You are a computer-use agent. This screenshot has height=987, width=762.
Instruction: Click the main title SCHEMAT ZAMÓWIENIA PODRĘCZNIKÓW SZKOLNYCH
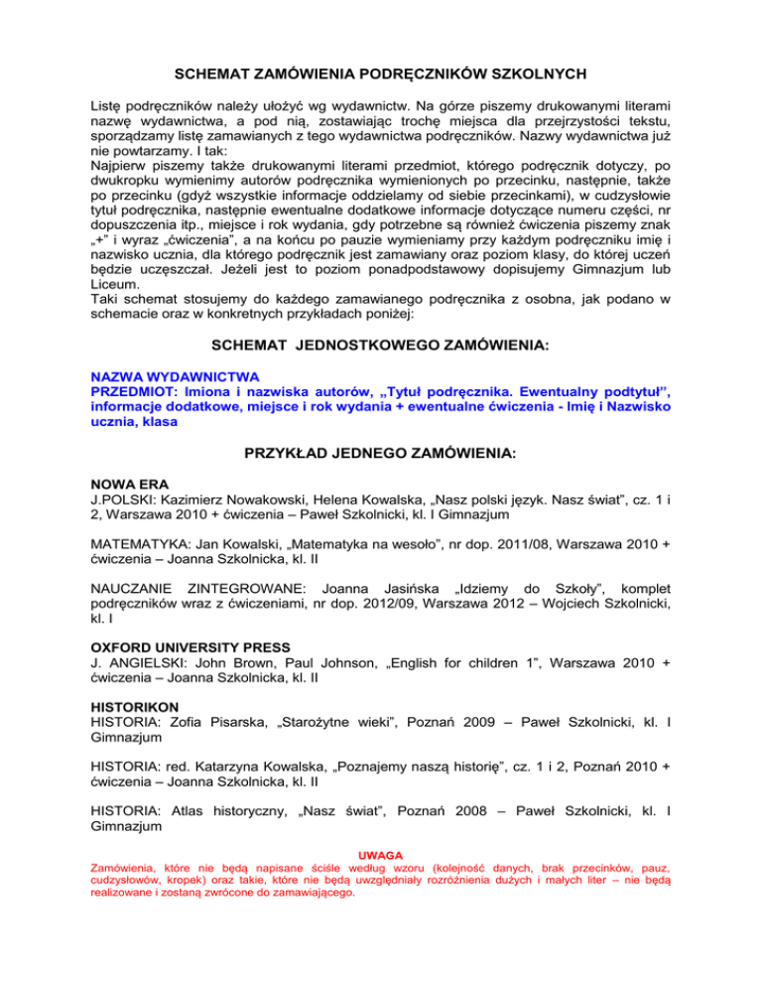[381, 72]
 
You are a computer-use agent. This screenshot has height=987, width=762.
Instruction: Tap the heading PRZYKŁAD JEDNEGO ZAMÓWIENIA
[380, 453]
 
